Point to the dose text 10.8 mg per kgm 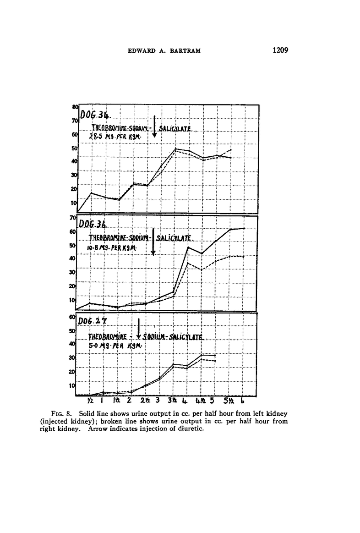coord(113,248)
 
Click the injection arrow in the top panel coord(155,126)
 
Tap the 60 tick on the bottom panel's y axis coord(72,317)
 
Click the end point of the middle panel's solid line coord(243,228)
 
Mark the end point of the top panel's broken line coord(230,150)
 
